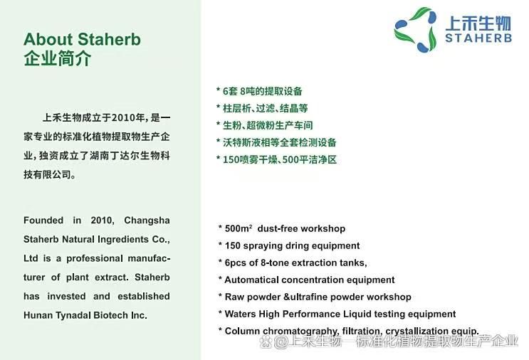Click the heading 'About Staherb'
[x=82, y=39]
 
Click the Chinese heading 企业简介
[x=57, y=58]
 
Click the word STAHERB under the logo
[x=478, y=38]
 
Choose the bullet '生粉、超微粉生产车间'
[x=267, y=125]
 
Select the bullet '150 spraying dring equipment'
[x=292, y=245]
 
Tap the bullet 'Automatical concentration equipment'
[x=309, y=280]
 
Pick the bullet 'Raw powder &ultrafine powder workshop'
[x=318, y=297]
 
